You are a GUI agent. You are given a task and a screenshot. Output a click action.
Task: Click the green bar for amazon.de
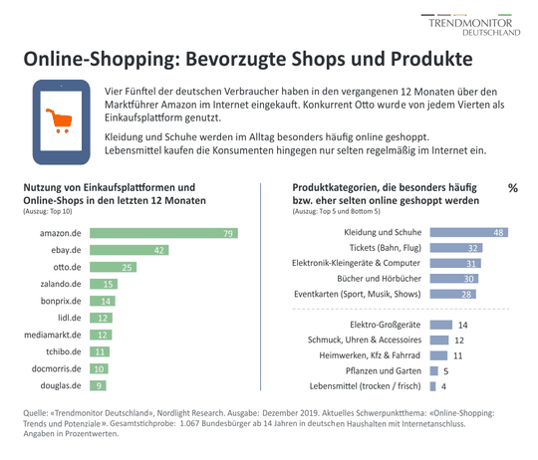coord(164,234)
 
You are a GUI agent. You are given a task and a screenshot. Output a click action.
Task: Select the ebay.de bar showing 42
coord(129,251)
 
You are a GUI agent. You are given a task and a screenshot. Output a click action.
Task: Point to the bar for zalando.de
coord(102,285)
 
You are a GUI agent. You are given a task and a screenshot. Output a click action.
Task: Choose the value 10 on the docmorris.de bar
coord(101,368)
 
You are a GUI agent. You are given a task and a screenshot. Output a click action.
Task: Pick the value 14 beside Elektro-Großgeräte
coord(462,325)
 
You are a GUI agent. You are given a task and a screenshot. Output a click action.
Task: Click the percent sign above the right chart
coord(513,188)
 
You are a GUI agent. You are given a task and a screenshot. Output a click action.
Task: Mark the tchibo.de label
coord(62,351)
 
